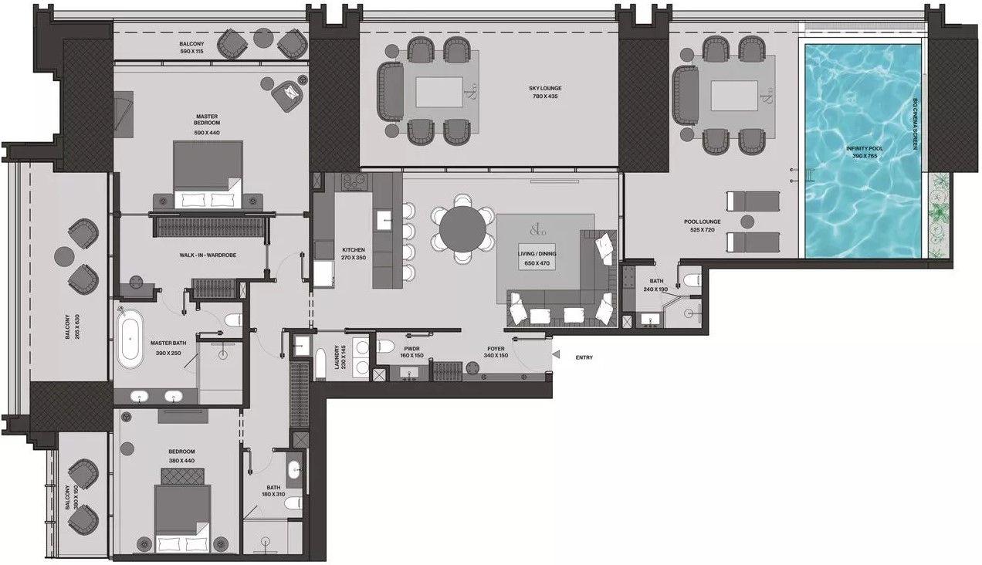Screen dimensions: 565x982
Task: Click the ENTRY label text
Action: (584, 357)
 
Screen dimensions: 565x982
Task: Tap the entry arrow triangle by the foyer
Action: (556, 354)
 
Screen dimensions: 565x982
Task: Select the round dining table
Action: (464, 228)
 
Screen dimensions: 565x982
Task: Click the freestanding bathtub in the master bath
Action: (130, 340)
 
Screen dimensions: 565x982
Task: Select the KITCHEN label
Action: (354, 250)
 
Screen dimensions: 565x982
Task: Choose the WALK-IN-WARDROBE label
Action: (204, 254)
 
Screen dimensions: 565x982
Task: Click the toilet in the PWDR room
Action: (387, 344)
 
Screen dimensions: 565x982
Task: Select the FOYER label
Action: (496, 349)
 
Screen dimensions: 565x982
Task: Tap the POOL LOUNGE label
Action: (701, 222)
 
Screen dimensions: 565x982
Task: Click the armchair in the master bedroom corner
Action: (287, 95)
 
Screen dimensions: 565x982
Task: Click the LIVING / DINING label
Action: (538, 254)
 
